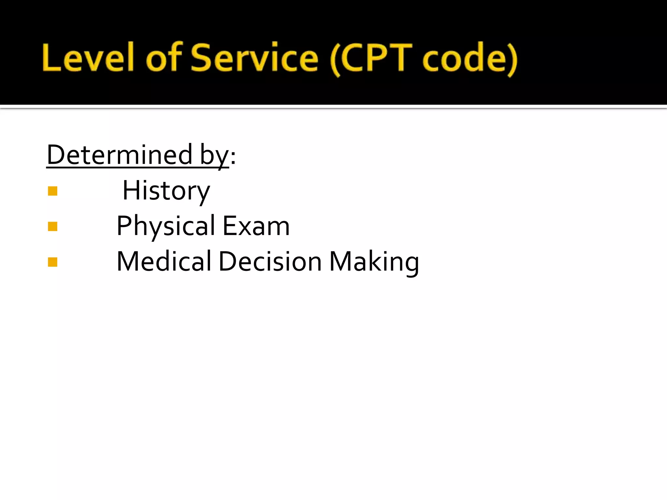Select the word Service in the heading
254,58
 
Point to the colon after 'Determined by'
233,157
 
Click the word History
166,191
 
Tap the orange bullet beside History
52,191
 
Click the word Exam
256,226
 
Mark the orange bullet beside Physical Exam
52,226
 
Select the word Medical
164,261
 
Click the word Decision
270,261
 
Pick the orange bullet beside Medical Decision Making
52,262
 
